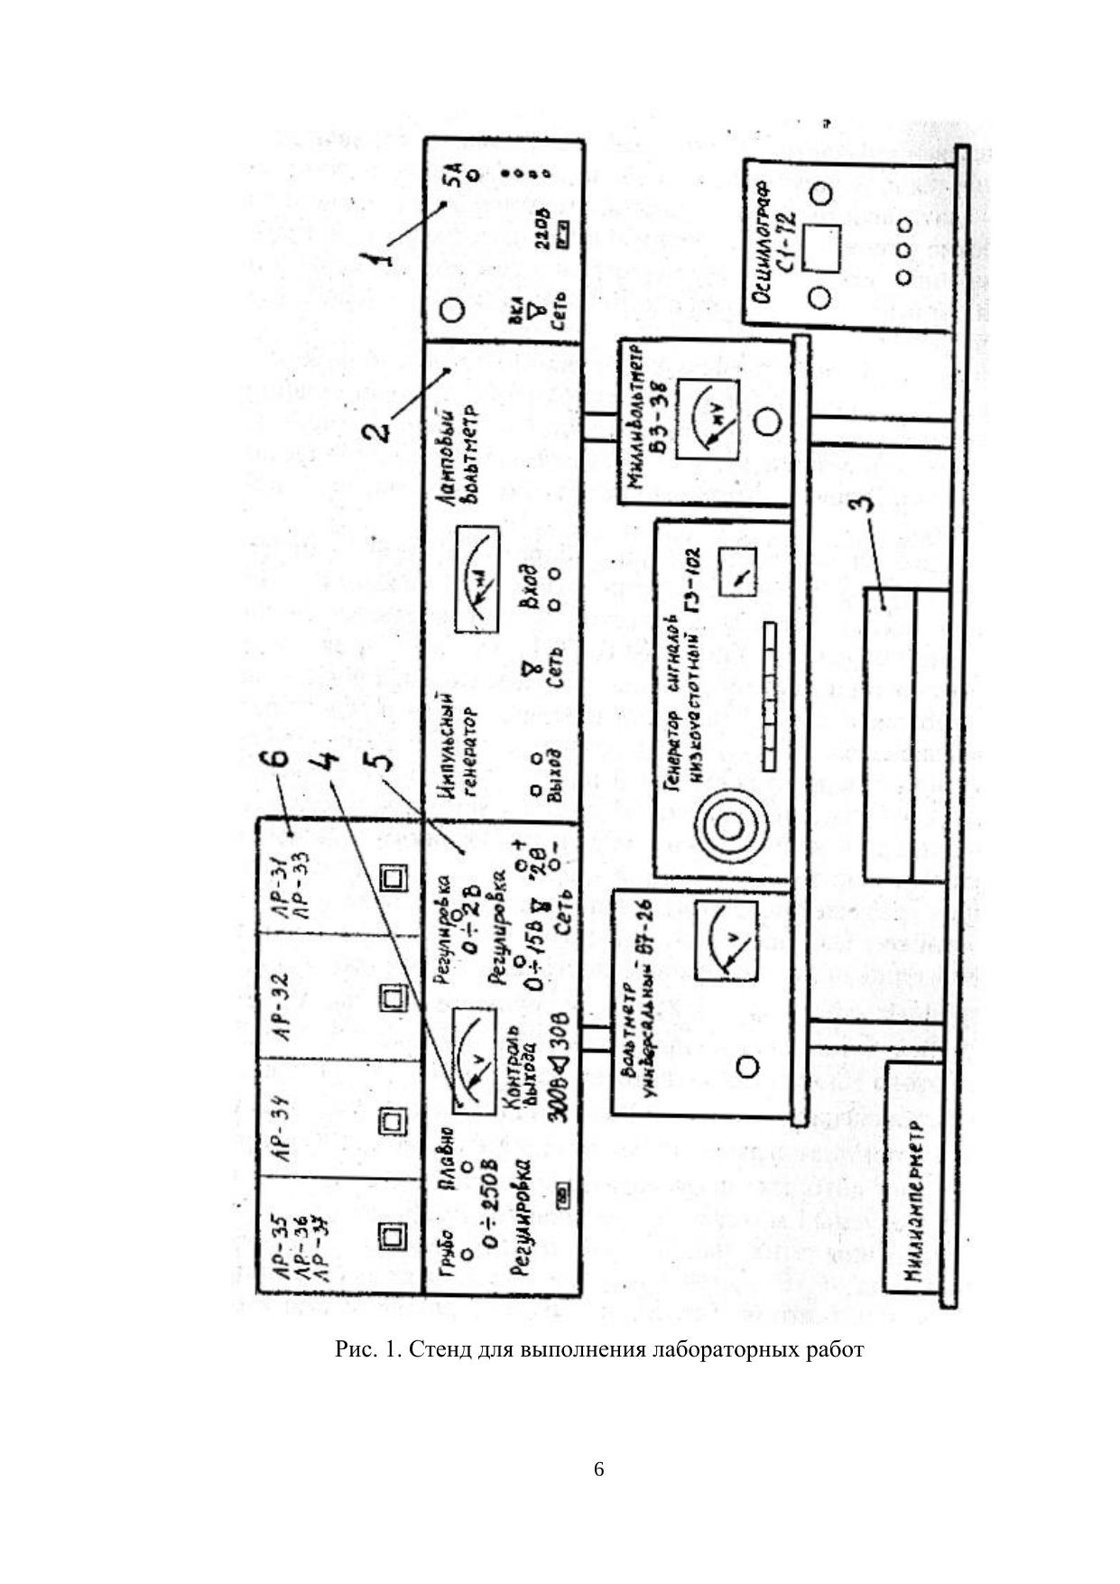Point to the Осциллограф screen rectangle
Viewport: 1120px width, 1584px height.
[x=821, y=246]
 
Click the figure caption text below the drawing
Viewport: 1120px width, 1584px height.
[x=599, y=1349]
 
